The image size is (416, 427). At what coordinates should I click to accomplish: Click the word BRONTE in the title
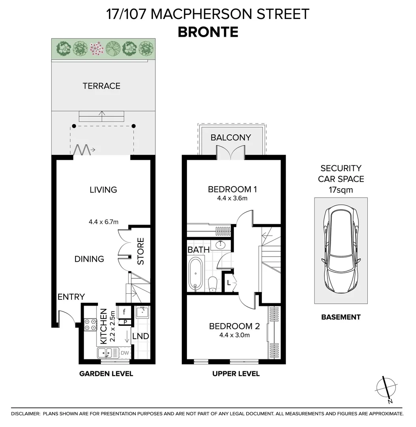click(208, 32)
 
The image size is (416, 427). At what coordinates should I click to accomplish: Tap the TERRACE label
click(102, 86)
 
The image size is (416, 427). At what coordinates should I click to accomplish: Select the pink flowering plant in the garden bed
click(96, 49)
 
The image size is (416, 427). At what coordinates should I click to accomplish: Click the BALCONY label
click(231, 138)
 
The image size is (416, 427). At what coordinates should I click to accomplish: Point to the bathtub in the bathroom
click(195, 274)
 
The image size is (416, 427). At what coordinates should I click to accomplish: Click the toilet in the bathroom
click(213, 284)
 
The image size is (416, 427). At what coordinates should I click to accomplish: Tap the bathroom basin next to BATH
click(220, 245)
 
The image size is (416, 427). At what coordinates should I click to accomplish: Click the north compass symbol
click(386, 389)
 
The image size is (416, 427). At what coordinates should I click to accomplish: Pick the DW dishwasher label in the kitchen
click(124, 353)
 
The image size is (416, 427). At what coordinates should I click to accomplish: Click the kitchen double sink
click(108, 353)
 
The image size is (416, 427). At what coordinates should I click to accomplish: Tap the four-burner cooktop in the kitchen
click(90, 325)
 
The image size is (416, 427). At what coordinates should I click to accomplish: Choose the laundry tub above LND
click(142, 312)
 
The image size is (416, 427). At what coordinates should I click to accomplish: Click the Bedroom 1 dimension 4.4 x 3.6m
click(232, 198)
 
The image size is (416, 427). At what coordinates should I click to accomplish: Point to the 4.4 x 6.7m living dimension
click(104, 222)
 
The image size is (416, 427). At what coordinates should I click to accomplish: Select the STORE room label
click(140, 251)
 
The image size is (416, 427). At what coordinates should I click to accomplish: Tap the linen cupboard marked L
click(228, 283)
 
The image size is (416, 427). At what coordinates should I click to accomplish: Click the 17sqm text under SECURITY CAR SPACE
click(341, 190)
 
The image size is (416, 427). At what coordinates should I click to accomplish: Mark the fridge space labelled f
click(124, 312)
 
